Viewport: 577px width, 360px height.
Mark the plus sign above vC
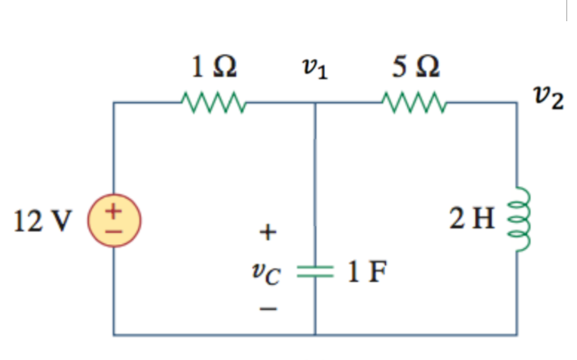coord(264,233)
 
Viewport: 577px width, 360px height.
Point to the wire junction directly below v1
coord(315,104)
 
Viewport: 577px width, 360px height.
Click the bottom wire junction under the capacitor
coord(315,334)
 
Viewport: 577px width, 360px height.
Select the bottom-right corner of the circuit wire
coord(517,334)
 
